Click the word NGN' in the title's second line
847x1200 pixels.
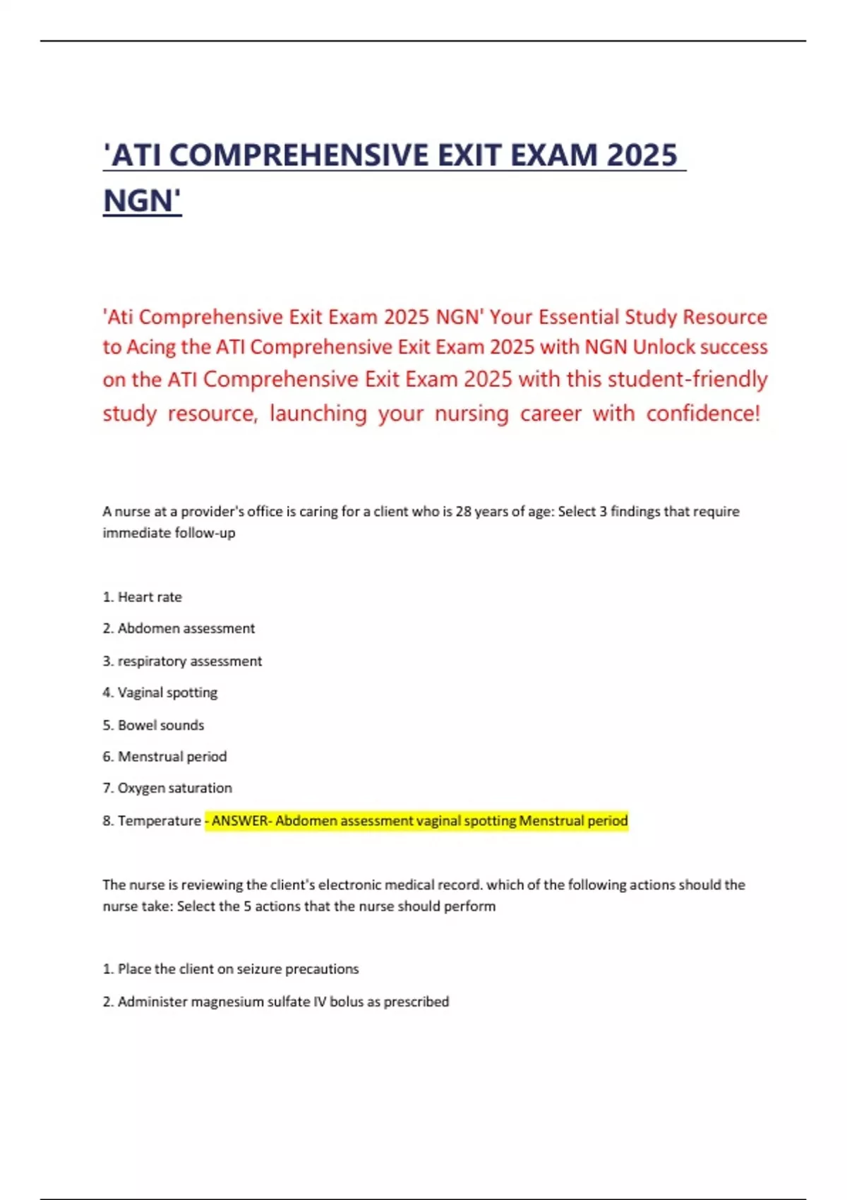click(x=143, y=200)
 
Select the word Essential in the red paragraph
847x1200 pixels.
click(x=579, y=317)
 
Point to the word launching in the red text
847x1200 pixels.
click(x=318, y=413)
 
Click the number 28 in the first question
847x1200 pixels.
click(x=463, y=511)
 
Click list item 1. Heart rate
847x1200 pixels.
click(x=143, y=597)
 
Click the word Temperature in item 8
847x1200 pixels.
click(x=159, y=820)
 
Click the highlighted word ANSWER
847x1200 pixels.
click(x=240, y=820)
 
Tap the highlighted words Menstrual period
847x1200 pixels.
click(x=573, y=820)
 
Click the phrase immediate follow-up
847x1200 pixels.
click(x=169, y=533)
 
